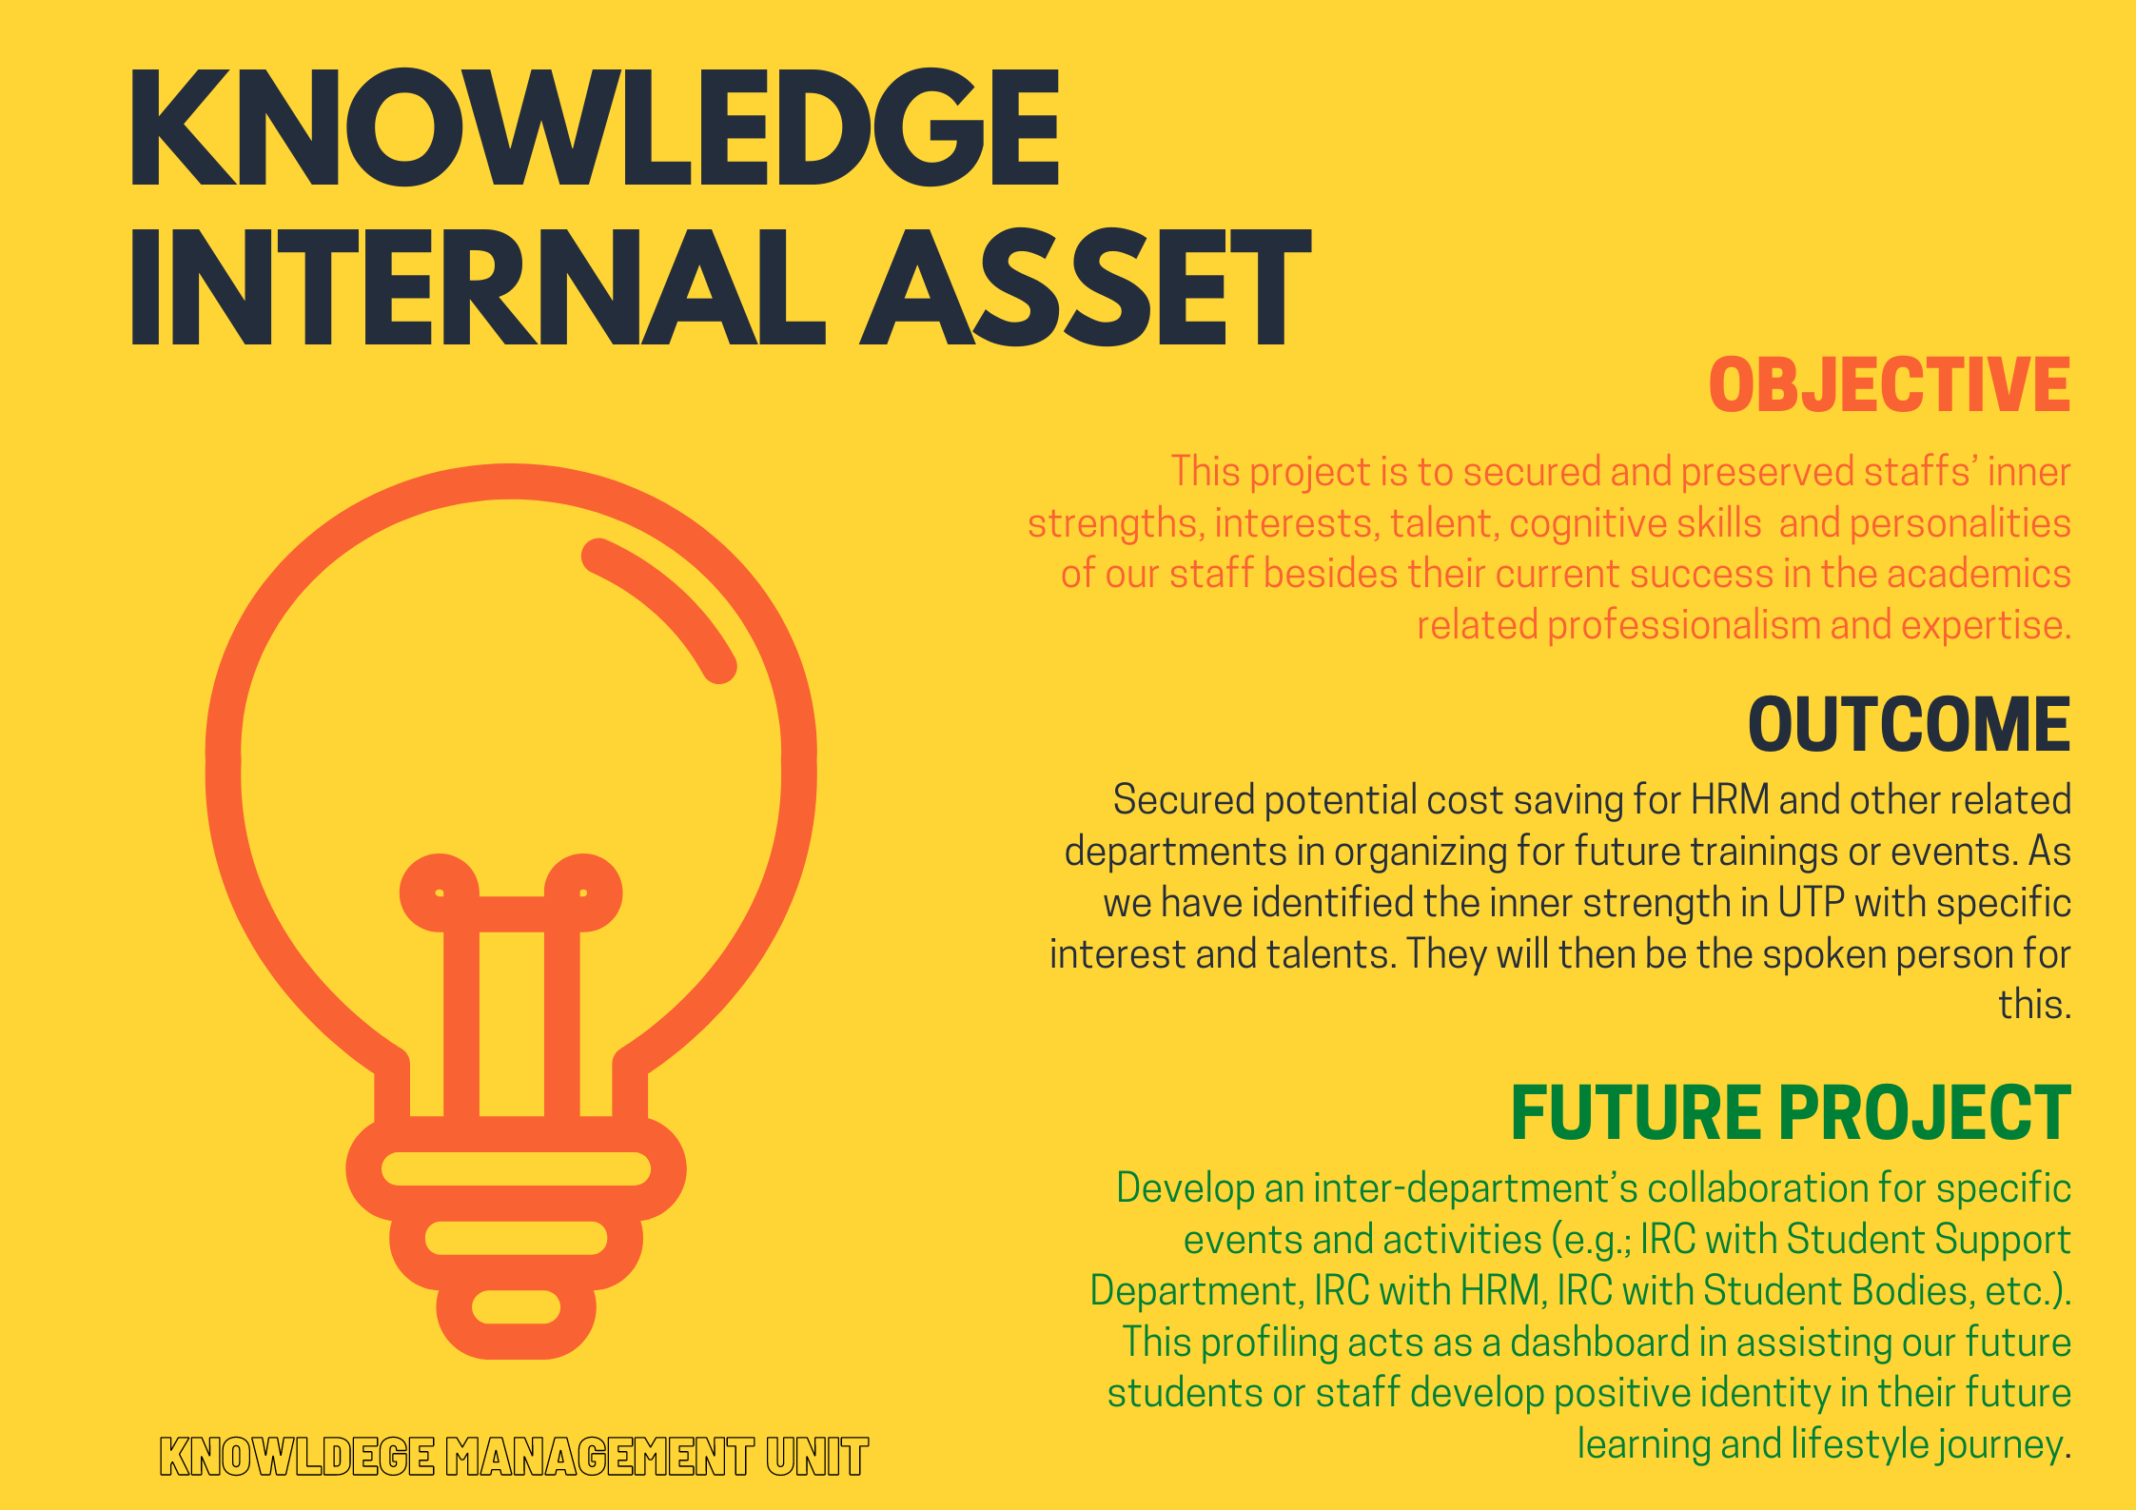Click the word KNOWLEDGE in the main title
pos(595,127)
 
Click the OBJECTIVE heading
pos(1890,385)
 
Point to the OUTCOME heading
pos(1910,725)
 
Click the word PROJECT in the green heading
pos(1925,1112)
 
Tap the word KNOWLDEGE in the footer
pos(297,1457)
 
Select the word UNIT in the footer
pos(817,1457)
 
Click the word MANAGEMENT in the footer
pos(599,1457)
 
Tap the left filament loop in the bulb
pos(440,892)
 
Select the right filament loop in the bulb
pos(583,892)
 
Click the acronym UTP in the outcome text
pos(1812,903)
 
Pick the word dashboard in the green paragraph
pos(1599,1343)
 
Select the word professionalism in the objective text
pos(1683,626)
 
